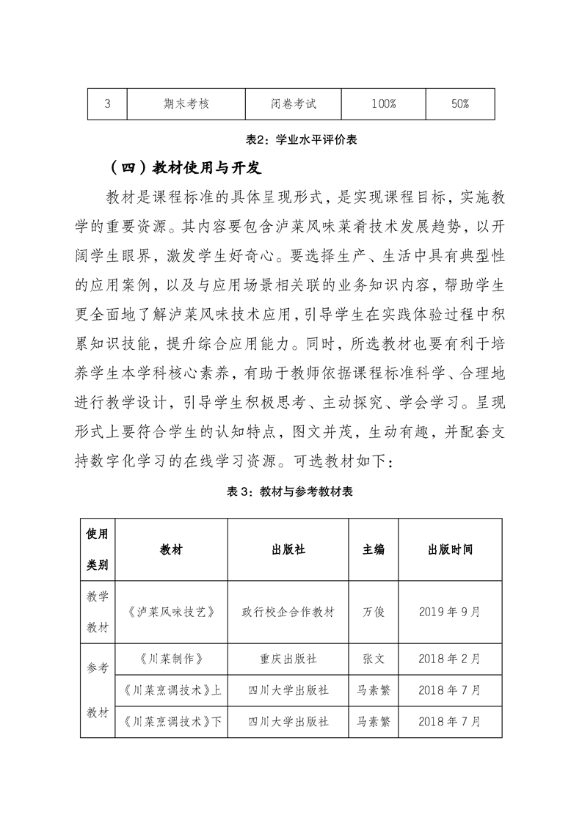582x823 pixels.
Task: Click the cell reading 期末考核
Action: pyautogui.click(x=186, y=103)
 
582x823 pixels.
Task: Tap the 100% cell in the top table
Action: pyautogui.click(x=383, y=103)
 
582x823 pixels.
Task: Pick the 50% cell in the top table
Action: pyautogui.click(x=460, y=103)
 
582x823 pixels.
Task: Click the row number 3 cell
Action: pyautogui.click(x=107, y=103)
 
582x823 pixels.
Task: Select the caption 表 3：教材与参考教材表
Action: pyautogui.click(x=291, y=491)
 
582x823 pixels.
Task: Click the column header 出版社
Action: pyautogui.click(x=288, y=549)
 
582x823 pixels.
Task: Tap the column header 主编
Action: pyautogui.click(x=374, y=549)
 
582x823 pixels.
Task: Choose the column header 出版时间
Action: pyautogui.click(x=450, y=549)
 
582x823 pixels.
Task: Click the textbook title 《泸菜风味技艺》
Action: pyautogui.click(x=170, y=612)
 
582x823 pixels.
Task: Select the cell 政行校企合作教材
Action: pyautogui.click(x=288, y=612)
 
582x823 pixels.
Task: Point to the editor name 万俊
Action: pyautogui.click(x=374, y=612)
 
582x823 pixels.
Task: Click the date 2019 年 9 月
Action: pyautogui.click(x=450, y=612)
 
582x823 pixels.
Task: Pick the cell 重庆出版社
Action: pyautogui.click(x=288, y=659)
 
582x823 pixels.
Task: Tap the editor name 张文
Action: pyautogui.click(x=374, y=659)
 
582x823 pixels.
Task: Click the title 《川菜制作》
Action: pyautogui.click(x=170, y=659)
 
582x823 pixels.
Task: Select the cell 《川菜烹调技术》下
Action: pyautogui.click(x=170, y=722)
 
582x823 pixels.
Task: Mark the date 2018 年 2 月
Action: pyautogui.click(x=450, y=659)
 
